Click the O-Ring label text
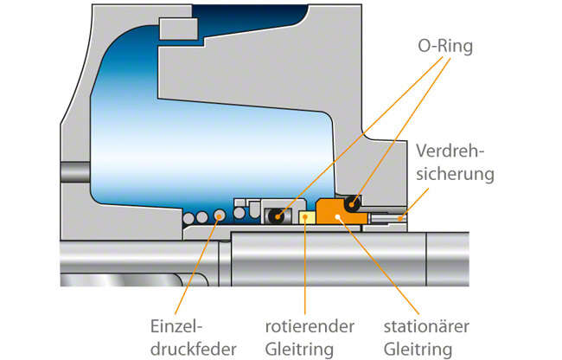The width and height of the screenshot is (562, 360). pyautogui.click(x=443, y=45)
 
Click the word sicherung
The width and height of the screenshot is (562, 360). pyautogui.click(x=455, y=173)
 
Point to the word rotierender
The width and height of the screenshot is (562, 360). pyautogui.click(x=309, y=327)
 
